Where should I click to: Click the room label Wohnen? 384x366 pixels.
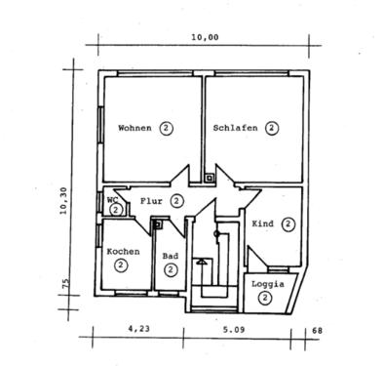click(134, 128)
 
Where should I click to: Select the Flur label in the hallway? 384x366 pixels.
click(151, 201)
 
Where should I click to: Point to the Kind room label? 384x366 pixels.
click(263, 224)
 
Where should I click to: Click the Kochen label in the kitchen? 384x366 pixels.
click(123, 251)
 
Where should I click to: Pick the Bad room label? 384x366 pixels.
click(170, 257)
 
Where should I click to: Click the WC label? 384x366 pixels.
click(112, 199)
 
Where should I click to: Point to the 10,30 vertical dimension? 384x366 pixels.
click(63, 206)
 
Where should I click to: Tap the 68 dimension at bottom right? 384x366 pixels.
click(317, 333)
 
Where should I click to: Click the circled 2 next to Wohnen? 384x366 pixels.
click(167, 128)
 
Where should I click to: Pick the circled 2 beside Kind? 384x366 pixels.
click(288, 224)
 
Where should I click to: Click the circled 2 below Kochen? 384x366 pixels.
click(121, 264)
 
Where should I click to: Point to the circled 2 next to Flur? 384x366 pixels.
click(176, 201)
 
